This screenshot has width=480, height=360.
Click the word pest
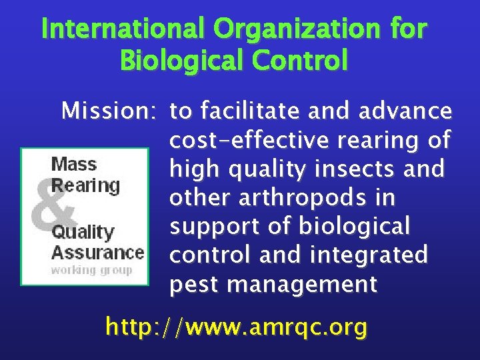(x=195, y=285)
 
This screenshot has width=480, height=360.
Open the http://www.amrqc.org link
(x=237, y=327)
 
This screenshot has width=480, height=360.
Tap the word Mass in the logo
(x=74, y=164)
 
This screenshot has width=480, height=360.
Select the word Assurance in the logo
(x=97, y=253)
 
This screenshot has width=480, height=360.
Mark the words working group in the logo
(x=92, y=270)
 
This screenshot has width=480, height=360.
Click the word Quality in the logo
(x=83, y=232)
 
